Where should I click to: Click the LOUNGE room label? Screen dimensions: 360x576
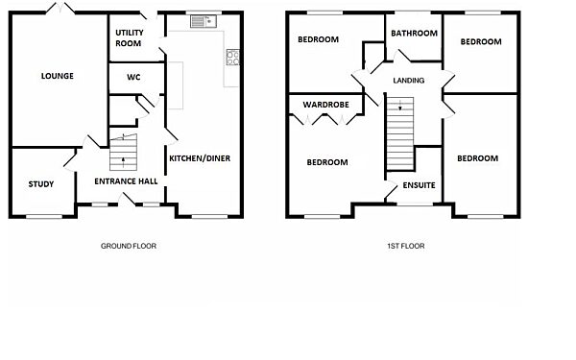[57, 76]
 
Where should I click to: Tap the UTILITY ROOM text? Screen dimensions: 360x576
[129, 37]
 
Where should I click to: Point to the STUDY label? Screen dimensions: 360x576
[41, 184]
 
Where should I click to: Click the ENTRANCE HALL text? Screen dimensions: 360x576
[125, 181]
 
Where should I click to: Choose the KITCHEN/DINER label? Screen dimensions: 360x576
[200, 158]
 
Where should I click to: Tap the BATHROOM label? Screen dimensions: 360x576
[414, 33]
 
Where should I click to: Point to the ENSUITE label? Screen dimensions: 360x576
[418, 184]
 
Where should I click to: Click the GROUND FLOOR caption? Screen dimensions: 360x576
[129, 246]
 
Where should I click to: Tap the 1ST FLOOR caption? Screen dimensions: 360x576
[408, 246]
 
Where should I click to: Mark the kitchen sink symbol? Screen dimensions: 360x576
[204, 20]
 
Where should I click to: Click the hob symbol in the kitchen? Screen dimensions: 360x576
[231, 57]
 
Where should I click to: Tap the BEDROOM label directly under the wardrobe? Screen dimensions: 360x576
[326, 162]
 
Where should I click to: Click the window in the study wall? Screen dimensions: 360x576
[41, 216]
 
